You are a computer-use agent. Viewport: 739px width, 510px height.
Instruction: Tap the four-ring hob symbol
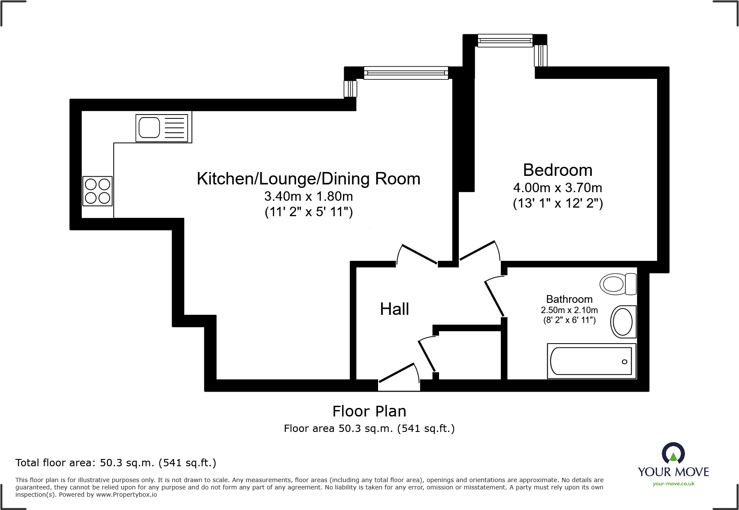(97, 191)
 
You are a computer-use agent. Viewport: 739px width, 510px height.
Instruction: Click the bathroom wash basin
(623, 322)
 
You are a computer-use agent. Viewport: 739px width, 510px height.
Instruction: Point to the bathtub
(591, 361)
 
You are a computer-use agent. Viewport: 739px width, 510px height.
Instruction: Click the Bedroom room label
(557, 170)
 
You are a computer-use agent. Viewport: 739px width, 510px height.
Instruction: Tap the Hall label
(394, 309)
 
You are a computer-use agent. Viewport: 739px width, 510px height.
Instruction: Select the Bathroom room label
(569, 299)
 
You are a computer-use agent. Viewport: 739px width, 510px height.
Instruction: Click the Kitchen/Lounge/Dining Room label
(308, 179)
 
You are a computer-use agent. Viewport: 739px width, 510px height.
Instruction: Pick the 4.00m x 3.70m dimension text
(557, 188)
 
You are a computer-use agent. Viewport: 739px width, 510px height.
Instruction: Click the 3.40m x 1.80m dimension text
(308, 196)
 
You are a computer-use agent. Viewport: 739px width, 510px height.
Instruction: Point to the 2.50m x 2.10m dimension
(569, 310)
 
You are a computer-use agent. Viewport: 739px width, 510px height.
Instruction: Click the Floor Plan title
(369, 411)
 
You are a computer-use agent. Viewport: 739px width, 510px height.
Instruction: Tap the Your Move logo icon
(673, 453)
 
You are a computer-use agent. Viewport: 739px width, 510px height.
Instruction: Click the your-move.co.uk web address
(673, 484)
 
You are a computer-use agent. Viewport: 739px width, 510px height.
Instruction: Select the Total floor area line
(116, 463)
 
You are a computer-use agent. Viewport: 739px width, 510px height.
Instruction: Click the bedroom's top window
(505, 41)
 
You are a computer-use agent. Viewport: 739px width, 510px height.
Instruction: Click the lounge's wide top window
(406, 73)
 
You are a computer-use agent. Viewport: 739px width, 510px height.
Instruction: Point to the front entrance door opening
(399, 385)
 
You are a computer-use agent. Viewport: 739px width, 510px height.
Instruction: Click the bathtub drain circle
(624, 362)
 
